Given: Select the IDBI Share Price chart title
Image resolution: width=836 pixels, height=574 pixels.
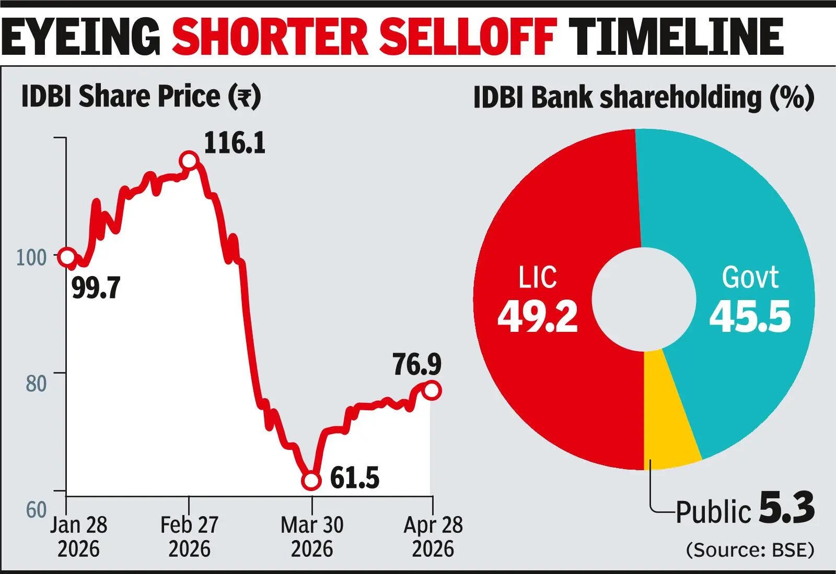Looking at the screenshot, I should click(141, 97).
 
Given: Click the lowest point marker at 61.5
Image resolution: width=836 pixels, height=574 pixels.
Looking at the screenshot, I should click(311, 481).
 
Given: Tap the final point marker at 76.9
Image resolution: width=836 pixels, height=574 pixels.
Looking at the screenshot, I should click(432, 390).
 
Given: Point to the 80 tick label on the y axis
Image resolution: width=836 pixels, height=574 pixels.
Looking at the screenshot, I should click(37, 384).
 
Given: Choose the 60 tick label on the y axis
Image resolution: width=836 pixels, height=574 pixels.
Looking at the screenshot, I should click(37, 510).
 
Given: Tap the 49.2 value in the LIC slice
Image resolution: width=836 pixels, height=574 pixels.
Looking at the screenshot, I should click(538, 316).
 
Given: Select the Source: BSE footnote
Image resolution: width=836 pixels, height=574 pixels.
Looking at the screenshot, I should click(750, 551).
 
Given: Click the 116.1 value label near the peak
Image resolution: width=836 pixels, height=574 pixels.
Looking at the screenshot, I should click(235, 143).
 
